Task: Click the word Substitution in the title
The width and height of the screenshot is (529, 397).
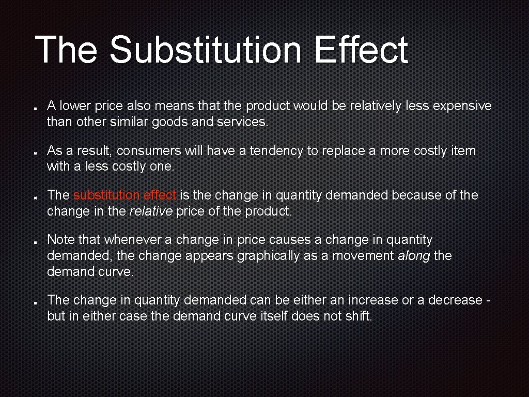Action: pyautogui.click(x=205, y=50)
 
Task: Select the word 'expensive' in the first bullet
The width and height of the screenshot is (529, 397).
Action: pyautogui.click(x=462, y=106)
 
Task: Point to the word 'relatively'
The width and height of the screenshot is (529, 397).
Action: pyautogui.click(x=373, y=106)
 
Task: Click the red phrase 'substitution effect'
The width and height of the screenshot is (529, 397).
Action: pyautogui.click(x=125, y=195)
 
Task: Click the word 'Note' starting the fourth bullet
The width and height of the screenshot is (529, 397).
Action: pyautogui.click(x=59, y=240)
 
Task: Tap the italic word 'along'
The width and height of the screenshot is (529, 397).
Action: pyautogui.click(x=414, y=256)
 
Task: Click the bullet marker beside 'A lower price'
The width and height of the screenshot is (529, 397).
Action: pyautogui.click(x=34, y=110)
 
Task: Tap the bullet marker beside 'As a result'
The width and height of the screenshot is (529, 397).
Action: pyautogui.click(x=34, y=154)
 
